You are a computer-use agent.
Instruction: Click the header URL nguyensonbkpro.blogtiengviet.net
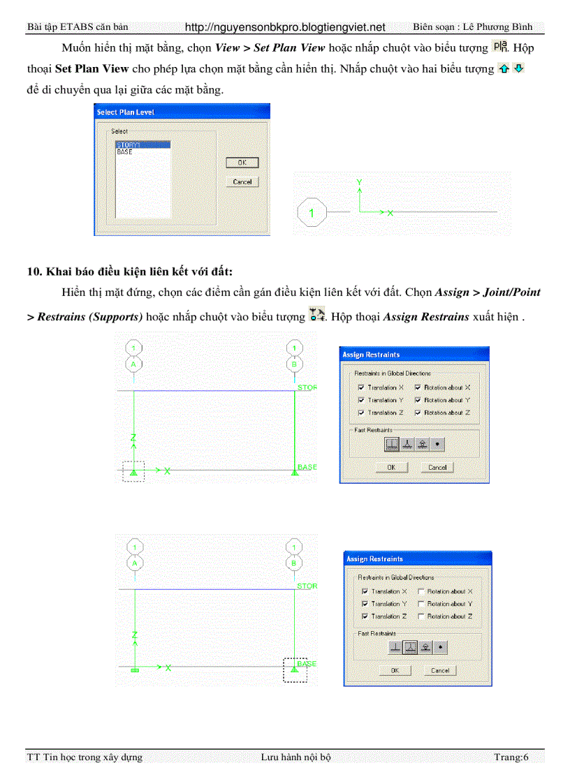[x=285, y=27]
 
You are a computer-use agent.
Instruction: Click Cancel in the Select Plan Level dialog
[x=242, y=182]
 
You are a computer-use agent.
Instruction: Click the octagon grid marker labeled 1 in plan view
[x=312, y=212]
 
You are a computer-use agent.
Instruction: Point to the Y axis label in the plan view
[x=359, y=182]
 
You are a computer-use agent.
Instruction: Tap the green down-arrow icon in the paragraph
[x=518, y=69]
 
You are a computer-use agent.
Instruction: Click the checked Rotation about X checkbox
[x=418, y=387]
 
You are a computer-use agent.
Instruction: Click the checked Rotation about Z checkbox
[x=418, y=413]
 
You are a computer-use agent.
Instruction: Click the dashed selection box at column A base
[x=133, y=471]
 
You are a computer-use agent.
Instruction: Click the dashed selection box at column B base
[x=294, y=670]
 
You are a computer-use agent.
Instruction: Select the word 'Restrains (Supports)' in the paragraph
[x=90, y=316]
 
